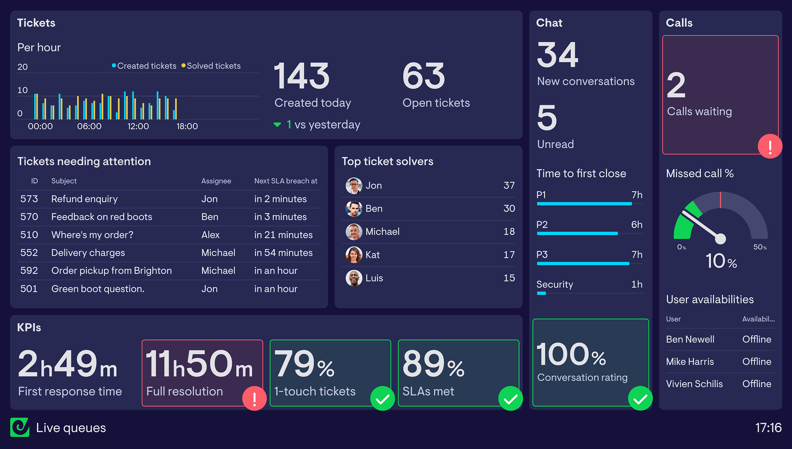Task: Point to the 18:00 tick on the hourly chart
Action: pos(187,126)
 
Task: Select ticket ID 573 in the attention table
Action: pos(29,199)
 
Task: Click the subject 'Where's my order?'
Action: pos(92,235)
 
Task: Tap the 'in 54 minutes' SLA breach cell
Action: pos(283,253)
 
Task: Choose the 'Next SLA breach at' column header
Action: pos(285,181)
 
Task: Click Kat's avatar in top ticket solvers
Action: pos(354,255)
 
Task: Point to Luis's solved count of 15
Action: pos(509,278)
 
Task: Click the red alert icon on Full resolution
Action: pos(254,398)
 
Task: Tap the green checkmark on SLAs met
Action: pos(511,398)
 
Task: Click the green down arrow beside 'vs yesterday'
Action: pos(277,124)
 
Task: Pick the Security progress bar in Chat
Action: pos(542,293)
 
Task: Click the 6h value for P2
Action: pos(637,224)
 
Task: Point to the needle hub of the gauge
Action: pos(720,238)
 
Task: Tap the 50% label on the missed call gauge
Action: pos(760,247)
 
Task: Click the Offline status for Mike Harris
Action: pos(757,362)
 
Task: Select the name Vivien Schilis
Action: pos(694,384)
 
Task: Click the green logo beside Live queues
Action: pos(20,427)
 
